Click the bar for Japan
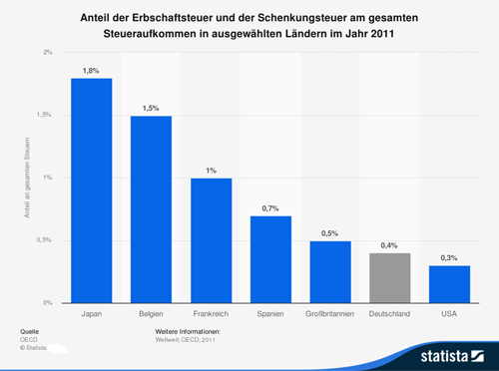[x=91, y=189]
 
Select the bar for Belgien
[x=151, y=208]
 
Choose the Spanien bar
[x=269, y=258]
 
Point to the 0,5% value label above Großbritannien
[x=329, y=231]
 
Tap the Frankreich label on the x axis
[x=211, y=314]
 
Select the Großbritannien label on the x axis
[x=329, y=314]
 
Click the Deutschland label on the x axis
[x=389, y=314]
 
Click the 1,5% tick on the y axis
[x=44, y=116]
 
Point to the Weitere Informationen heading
[x=188, y=329]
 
